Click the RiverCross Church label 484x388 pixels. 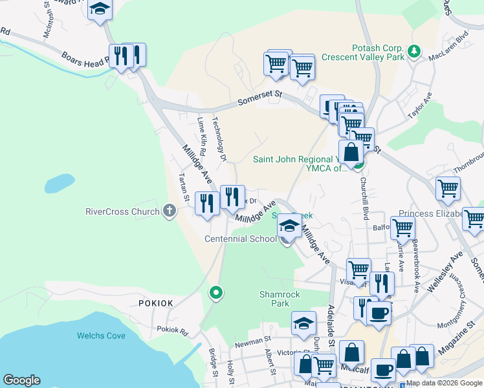click(x=122, y=211)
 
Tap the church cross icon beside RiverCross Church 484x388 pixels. click(x=170, y=211)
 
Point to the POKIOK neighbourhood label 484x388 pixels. click(x=155, y=303)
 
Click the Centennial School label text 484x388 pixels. click(x=240, y=239)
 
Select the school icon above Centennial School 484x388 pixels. click(x=289, y=226)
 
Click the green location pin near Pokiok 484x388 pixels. click(x=216, y=293)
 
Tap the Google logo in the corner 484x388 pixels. click(x=21, y=380)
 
